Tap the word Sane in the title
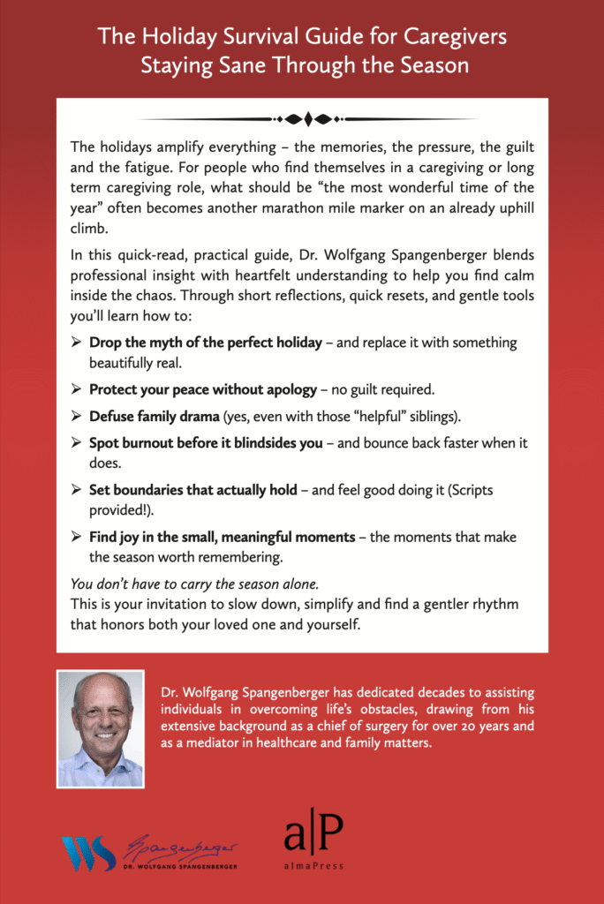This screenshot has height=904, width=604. tap(275, 65)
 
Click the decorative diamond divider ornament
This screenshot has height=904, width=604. tap(302, 118)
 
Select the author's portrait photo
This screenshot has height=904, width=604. tap(100, 729)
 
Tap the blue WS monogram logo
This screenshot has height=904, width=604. tap(88, 854)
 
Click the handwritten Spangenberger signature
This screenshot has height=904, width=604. tap(181, 849)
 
